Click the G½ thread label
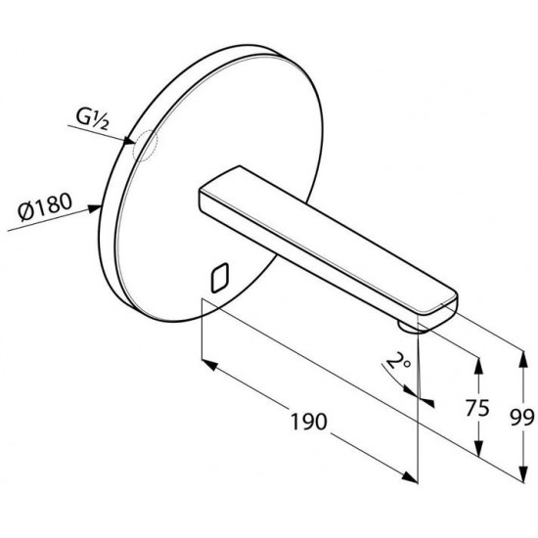coord(92,119)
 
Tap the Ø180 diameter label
coord(45,207)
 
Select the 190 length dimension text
coord(309,422)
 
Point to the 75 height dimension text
coord(477,408)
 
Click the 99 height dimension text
coord(522,418)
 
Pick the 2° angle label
coord(398,362)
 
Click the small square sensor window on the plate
coord(220,278)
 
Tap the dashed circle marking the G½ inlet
coord(145,146)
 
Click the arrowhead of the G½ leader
coord(129,141)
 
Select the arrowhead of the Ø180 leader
coord(95,208)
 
